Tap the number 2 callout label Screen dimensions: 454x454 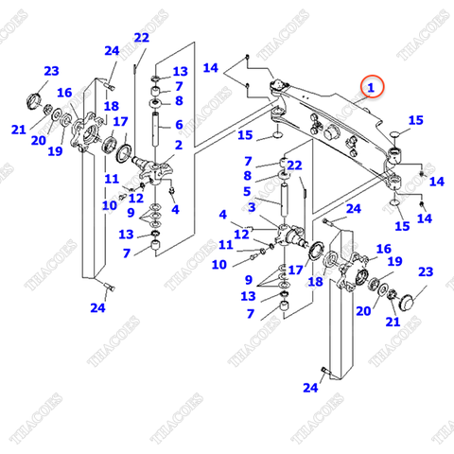click(177, 145)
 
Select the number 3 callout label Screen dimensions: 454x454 click(251, 206)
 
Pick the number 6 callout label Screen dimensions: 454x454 click(178, 123)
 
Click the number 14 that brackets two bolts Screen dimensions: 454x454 click(211, 67)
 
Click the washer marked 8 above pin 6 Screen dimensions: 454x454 click(155, 100)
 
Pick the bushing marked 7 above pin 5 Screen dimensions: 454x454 click(283, 165)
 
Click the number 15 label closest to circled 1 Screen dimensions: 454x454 click(415, 119)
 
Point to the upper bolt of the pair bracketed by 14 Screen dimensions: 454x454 click(248, 59)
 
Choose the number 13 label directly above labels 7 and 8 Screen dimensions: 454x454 click(180, 71)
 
